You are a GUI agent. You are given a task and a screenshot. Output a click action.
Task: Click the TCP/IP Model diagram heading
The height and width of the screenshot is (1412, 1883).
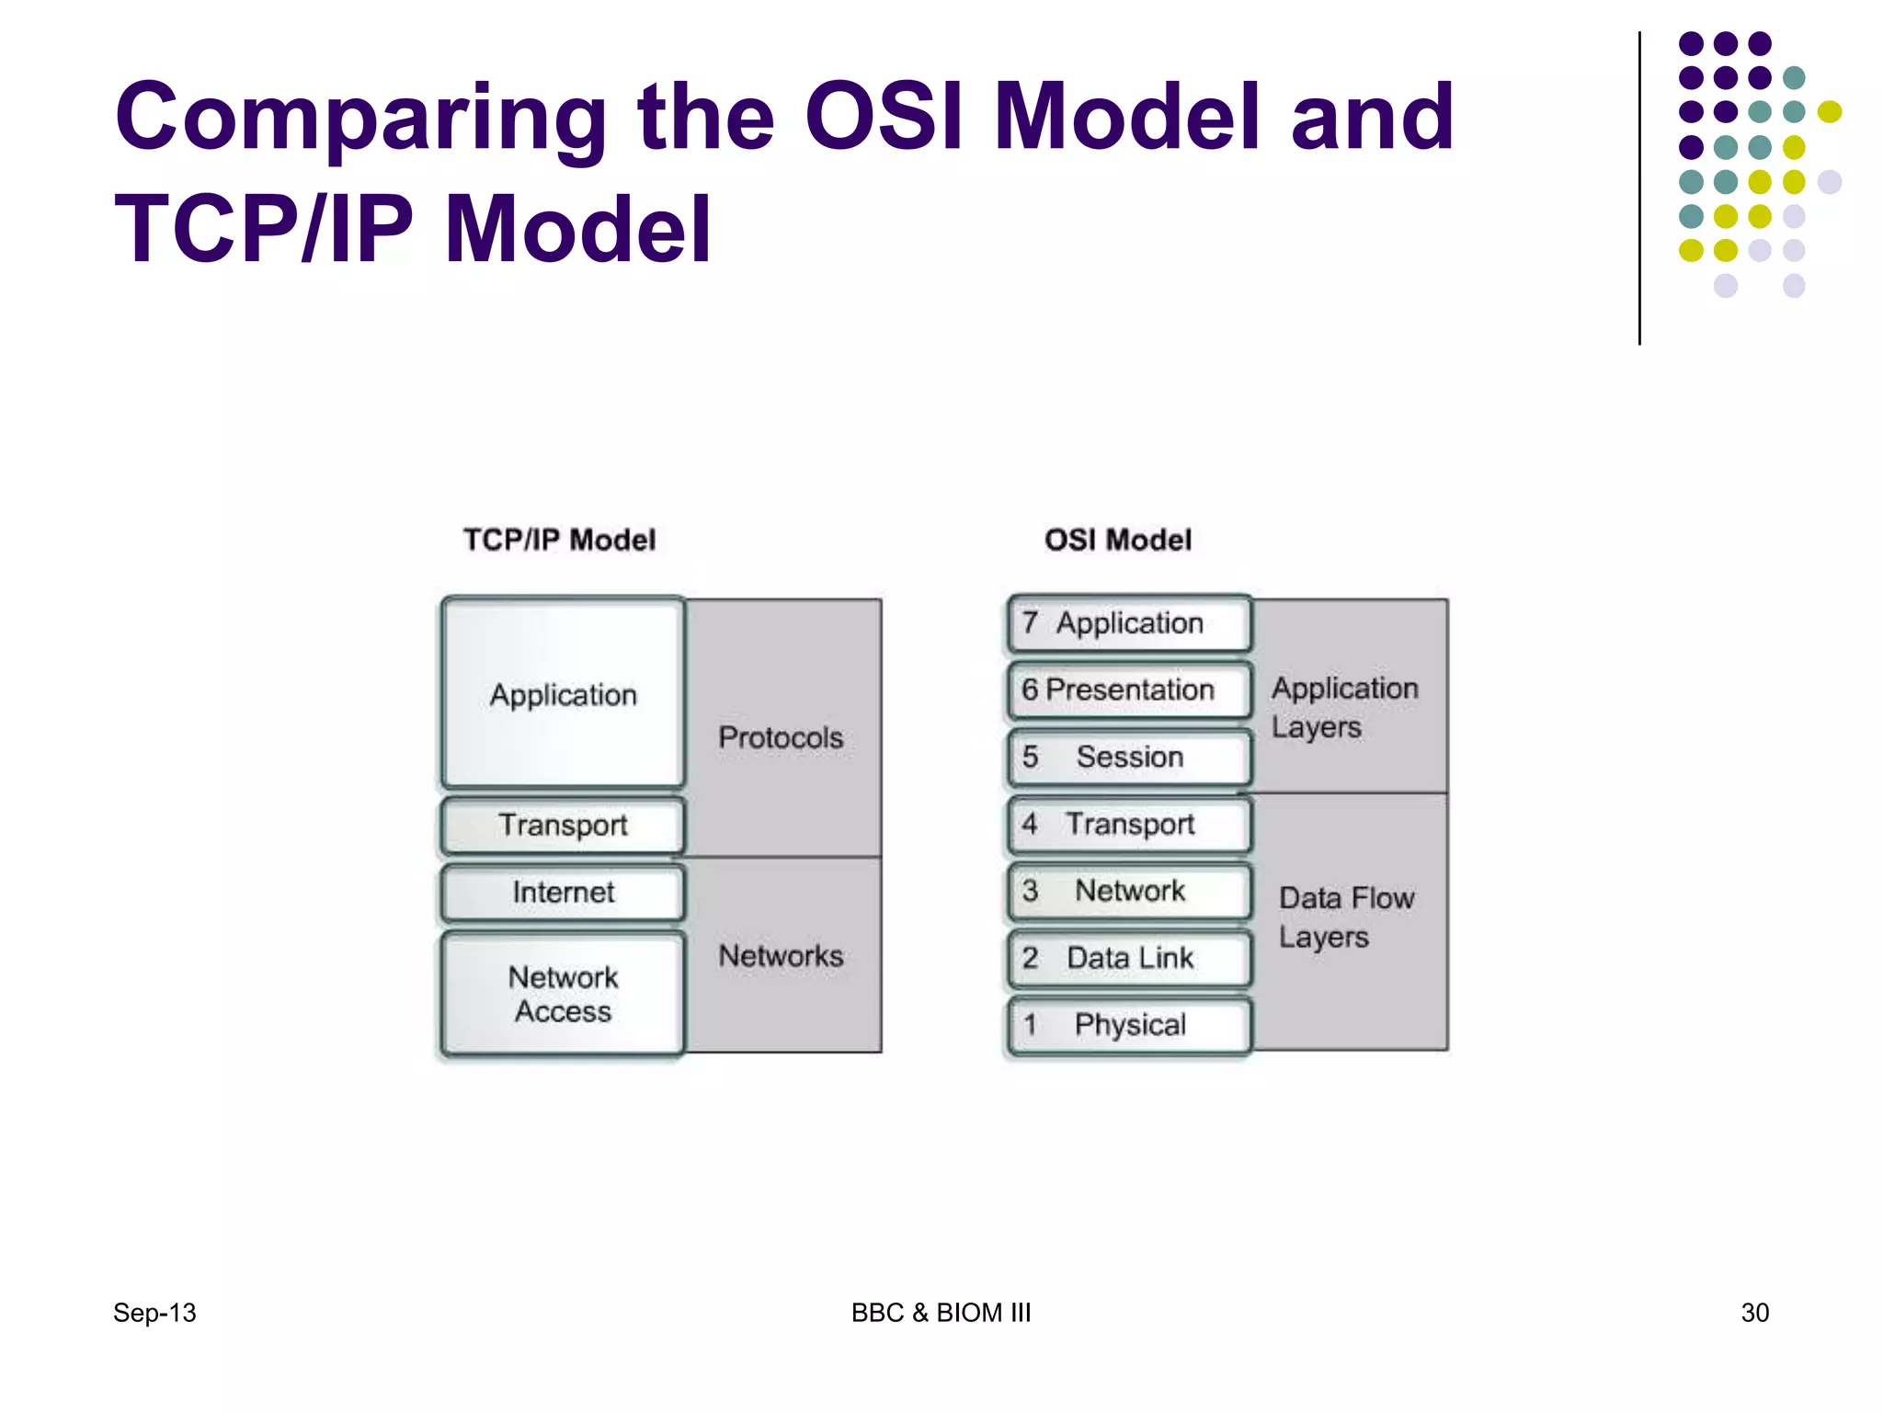(x=559, y=540)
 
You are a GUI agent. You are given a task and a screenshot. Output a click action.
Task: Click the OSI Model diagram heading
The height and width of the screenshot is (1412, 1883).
(x=1117, y=540)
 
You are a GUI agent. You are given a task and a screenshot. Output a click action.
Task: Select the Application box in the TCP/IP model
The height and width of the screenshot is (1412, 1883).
(x=563, y=693)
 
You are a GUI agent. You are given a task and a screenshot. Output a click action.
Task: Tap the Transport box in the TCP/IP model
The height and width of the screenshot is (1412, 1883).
(x=563, y=825)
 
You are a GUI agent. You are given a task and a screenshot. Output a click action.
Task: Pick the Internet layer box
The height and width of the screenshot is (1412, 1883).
(x=563, y=892)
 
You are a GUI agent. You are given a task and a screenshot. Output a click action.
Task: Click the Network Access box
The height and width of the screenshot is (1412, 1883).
(x=563, y=994)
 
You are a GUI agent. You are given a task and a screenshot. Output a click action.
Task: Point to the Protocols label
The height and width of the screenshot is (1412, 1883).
(x=781, y=737)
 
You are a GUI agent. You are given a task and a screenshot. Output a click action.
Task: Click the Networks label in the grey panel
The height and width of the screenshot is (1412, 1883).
(x=781, y=956)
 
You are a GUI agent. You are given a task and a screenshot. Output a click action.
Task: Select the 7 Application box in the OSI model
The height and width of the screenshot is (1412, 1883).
(x=1129, y=623)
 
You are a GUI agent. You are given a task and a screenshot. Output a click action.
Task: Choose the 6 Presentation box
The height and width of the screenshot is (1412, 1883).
(x=1129, y=689)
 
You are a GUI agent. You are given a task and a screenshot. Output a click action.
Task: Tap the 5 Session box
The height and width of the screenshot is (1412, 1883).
(x=1129, y=757)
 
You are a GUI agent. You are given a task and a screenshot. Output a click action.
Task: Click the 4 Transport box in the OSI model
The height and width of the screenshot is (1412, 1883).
(x=1129, y=824)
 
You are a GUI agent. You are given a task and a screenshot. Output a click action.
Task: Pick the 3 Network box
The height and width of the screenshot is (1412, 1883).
(x=1129, y=891)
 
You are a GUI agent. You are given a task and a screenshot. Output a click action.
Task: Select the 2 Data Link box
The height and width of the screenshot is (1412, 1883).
(x=1129, y=958)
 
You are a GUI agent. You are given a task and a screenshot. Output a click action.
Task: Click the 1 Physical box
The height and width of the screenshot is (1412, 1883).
(x=1129, y=1024)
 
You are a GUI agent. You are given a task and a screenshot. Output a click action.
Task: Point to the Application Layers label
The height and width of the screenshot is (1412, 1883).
(x=1344, y=707)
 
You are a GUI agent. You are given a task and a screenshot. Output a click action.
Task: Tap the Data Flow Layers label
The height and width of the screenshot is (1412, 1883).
(x=1346, y=917)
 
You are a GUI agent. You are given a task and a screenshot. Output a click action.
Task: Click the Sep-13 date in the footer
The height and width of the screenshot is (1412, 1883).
(x=154, y=1313)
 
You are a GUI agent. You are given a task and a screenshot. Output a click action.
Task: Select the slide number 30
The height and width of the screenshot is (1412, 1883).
(x=1754, y=1313)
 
